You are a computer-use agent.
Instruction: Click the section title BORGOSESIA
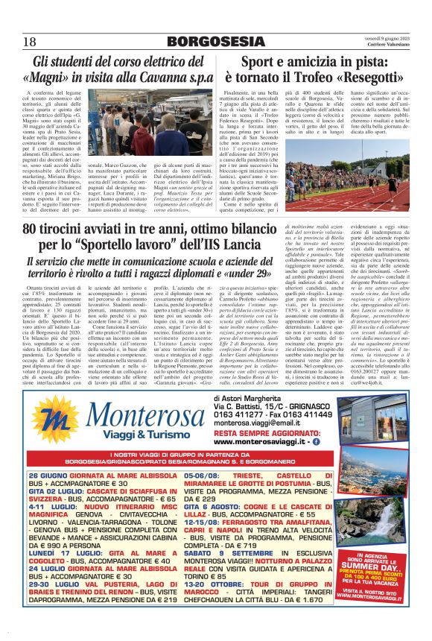pos(211,42)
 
